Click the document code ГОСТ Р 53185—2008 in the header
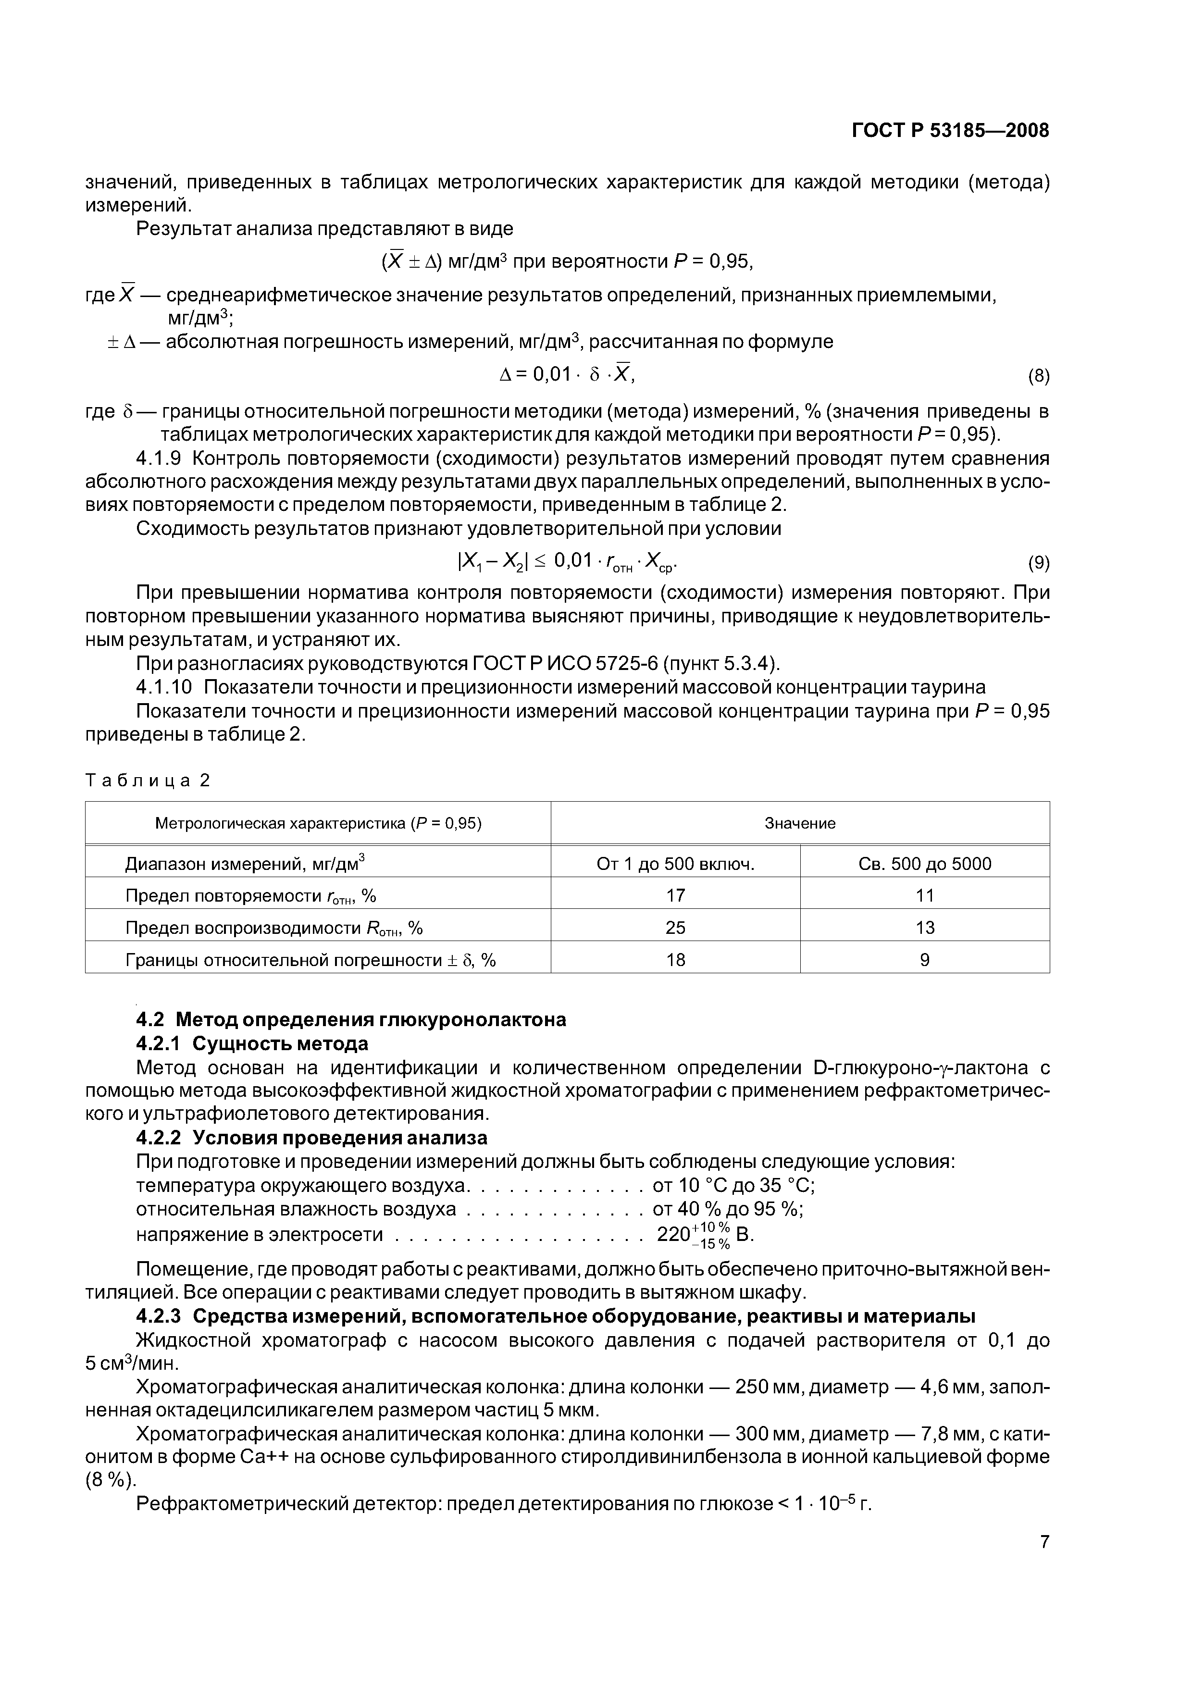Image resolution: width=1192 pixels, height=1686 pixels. click(950, 131)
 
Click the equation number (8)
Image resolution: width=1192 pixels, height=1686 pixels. click(1038, 377)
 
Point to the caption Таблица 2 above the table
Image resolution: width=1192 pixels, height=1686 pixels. click(148, 780)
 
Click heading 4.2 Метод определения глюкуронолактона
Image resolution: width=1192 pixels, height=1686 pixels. click(351, 1020)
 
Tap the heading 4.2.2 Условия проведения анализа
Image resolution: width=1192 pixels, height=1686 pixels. click(311, 1138)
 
